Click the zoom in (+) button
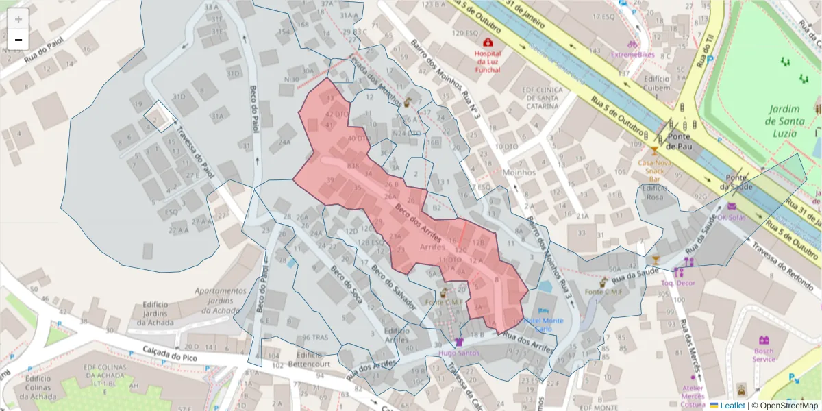[x=18, y=19]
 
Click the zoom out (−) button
[x=18, y=40]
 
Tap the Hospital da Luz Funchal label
[x=488, y=62]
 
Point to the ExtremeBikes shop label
[x=633, y=54]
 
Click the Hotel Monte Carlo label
[x=543, y=324]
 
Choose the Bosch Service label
[x=764, y=354]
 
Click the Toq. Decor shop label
[x=677, y=282]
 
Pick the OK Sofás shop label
[x=731, y=217]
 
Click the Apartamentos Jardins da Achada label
[x=221, y=300]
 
